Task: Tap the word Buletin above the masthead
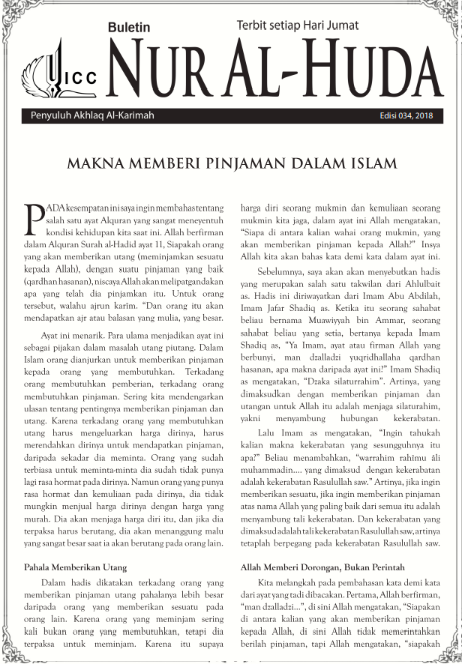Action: pos(129,27)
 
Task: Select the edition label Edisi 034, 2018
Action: pos(406,116)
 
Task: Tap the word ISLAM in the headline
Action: pos(369,163)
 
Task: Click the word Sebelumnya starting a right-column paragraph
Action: pos(281,269)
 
